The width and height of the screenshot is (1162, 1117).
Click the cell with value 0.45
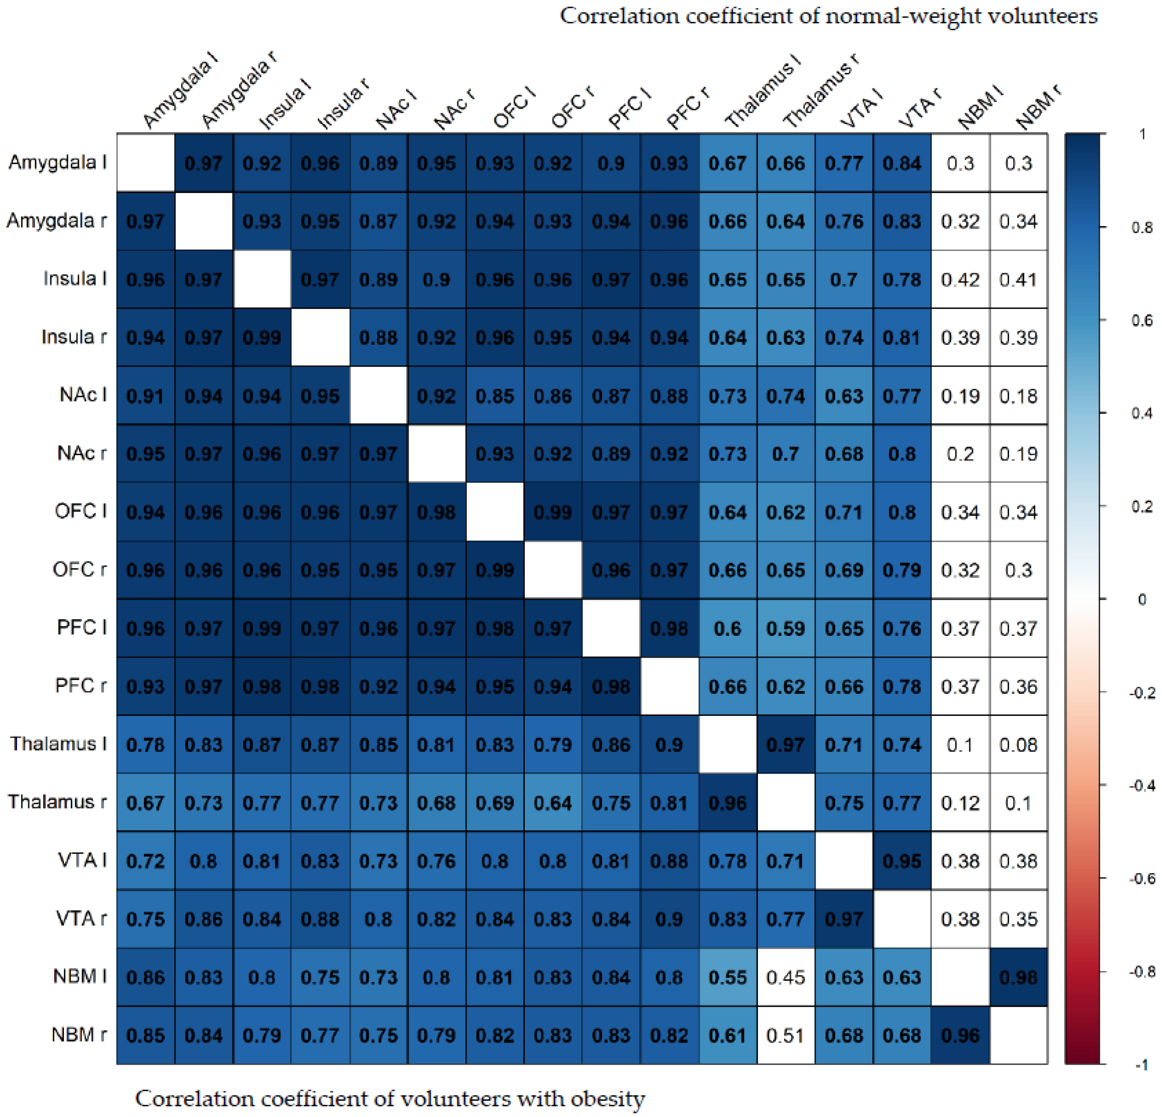pos(786,977)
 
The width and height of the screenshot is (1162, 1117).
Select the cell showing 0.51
pos(786,1035)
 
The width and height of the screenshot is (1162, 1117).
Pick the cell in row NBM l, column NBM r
pos(1018,977)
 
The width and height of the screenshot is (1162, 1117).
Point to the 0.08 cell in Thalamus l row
pos(1018,745)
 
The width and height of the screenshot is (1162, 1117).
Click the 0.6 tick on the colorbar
pos(1141,320)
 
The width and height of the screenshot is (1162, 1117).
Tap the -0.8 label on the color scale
pos(1141,971)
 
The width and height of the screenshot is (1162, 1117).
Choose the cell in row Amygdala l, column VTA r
pos(902,163)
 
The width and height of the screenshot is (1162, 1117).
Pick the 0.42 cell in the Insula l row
pos(960,279)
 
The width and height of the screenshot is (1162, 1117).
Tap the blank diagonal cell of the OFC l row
pos(495,512)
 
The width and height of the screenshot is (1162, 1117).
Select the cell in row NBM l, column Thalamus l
pos(727,977)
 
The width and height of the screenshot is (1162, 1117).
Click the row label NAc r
pos(82,453)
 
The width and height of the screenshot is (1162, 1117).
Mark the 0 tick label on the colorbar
pos(1141,599)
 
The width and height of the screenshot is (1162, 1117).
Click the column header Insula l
pos(284,107)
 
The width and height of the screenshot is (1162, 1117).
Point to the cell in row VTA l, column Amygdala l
pos(145,860)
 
